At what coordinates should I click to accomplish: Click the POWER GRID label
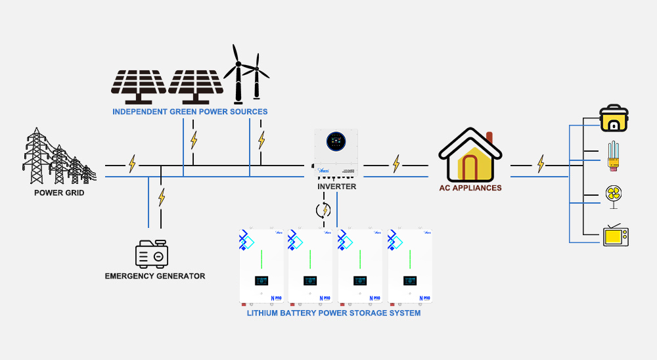[59, 193]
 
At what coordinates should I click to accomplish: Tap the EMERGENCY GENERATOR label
[155, 276]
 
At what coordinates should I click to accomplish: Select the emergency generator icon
[152, 253]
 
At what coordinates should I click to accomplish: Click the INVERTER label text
[336, 187]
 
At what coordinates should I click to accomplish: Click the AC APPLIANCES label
[470, 188]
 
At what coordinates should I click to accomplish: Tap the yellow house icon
[470, 156]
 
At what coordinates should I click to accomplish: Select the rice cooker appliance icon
[615, 119]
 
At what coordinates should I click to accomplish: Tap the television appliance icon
[616, 235]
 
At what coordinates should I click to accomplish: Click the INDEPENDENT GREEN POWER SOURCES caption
[190, 112]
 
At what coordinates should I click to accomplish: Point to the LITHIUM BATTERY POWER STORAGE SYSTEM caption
[334, 313]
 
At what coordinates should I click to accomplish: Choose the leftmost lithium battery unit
[261, 266]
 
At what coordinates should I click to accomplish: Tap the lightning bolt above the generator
[162, 196]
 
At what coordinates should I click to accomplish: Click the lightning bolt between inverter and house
[396, 164]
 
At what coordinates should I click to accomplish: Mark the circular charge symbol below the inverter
[323, 210]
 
